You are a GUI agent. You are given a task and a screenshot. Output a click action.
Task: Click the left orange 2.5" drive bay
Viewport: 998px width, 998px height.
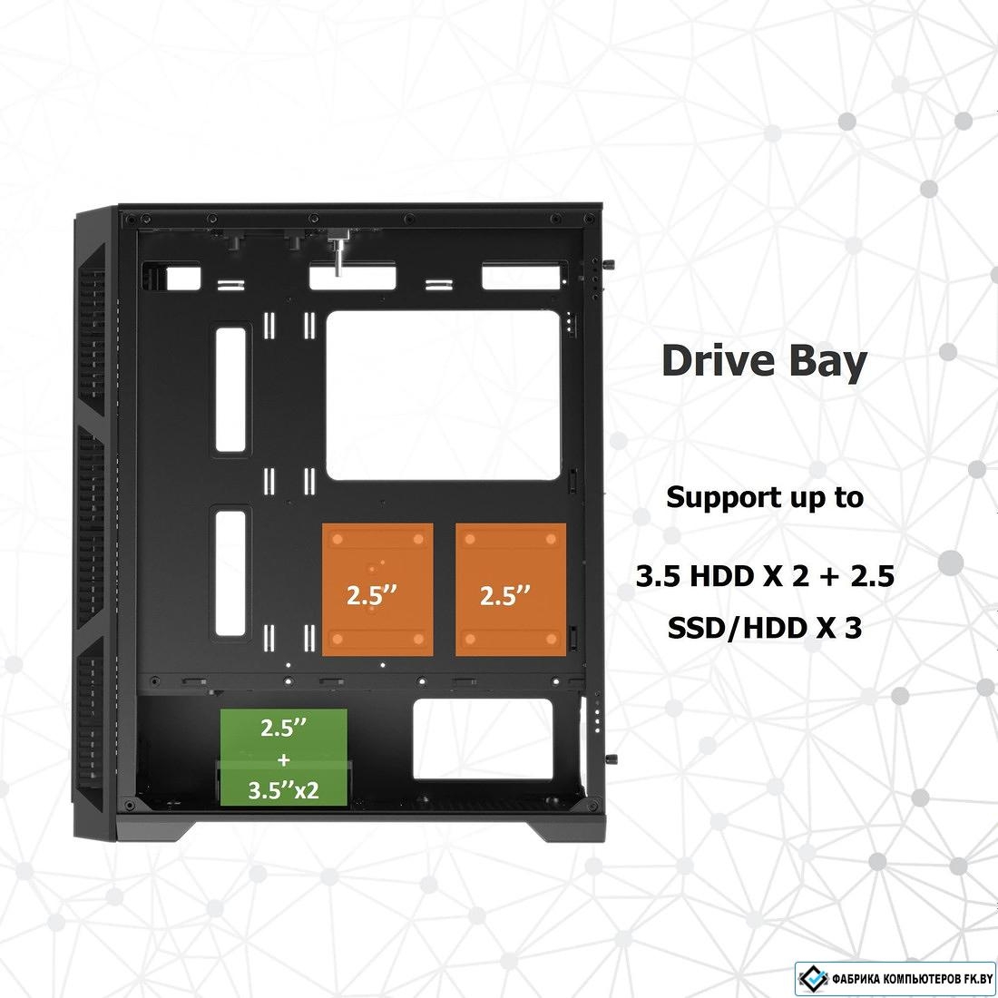[377, 590]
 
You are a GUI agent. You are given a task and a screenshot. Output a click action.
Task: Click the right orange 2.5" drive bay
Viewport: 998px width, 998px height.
[511, 590]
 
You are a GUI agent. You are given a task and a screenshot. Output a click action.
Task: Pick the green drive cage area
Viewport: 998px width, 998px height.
[284, 758]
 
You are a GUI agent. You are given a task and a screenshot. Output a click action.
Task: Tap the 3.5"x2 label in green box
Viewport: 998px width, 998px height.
[283, 790]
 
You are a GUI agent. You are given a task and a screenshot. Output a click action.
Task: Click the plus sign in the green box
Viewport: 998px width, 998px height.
[284, 759]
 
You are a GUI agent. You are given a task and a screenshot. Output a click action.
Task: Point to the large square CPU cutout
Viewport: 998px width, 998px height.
[443, 396]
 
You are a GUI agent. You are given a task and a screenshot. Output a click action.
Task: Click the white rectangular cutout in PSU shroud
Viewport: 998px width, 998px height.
[483, 739]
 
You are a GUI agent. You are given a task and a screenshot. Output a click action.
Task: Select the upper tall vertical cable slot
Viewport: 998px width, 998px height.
[230, 389]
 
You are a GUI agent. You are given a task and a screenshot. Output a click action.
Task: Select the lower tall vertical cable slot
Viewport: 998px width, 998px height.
[230, 572]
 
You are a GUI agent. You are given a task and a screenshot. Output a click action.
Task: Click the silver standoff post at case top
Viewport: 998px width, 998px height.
[338, 253]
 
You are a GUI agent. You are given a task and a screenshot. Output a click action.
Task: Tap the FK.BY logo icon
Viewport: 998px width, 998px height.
[813, 978]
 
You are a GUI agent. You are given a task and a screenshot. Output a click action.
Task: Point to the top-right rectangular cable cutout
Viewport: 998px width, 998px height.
[522, 277]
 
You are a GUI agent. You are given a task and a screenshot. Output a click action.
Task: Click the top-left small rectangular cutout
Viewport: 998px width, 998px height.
[183, 279]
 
